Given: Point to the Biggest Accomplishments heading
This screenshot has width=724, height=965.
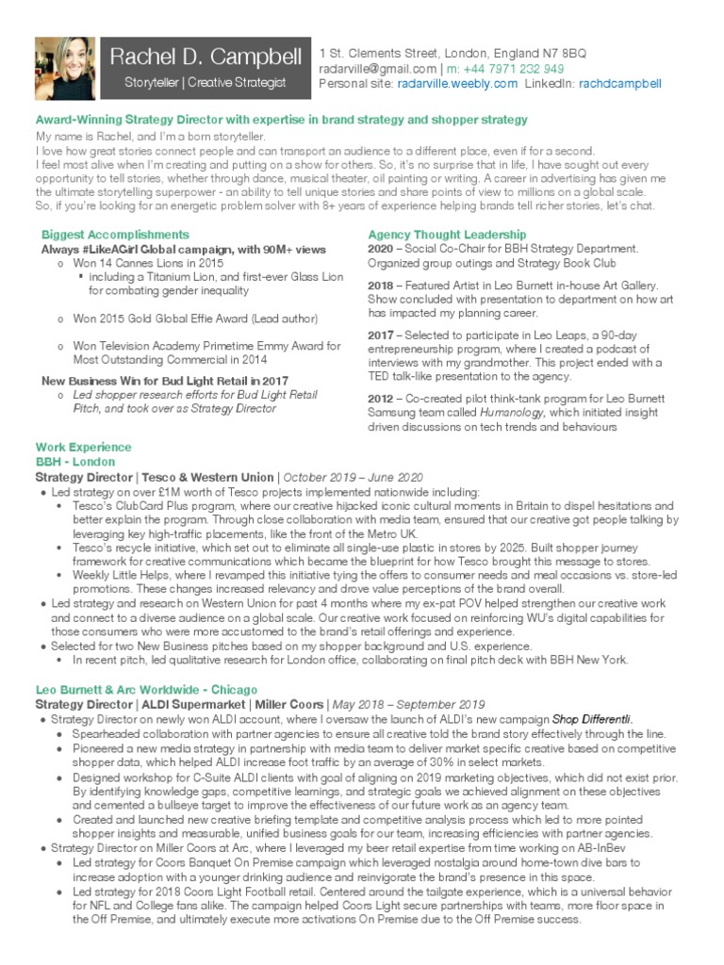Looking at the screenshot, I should click(115, 234).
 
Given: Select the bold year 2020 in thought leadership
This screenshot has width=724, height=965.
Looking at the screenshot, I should click(380, 249).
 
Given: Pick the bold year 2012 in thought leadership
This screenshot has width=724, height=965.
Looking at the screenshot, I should click(380, 398).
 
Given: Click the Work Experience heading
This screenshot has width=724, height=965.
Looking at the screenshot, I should click(83, 447).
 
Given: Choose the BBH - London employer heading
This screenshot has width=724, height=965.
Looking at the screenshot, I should click(75, 462).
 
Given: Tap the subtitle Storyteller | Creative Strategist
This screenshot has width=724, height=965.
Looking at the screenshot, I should click(205, 84).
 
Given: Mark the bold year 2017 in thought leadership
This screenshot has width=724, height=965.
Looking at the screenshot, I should click(380, 334).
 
